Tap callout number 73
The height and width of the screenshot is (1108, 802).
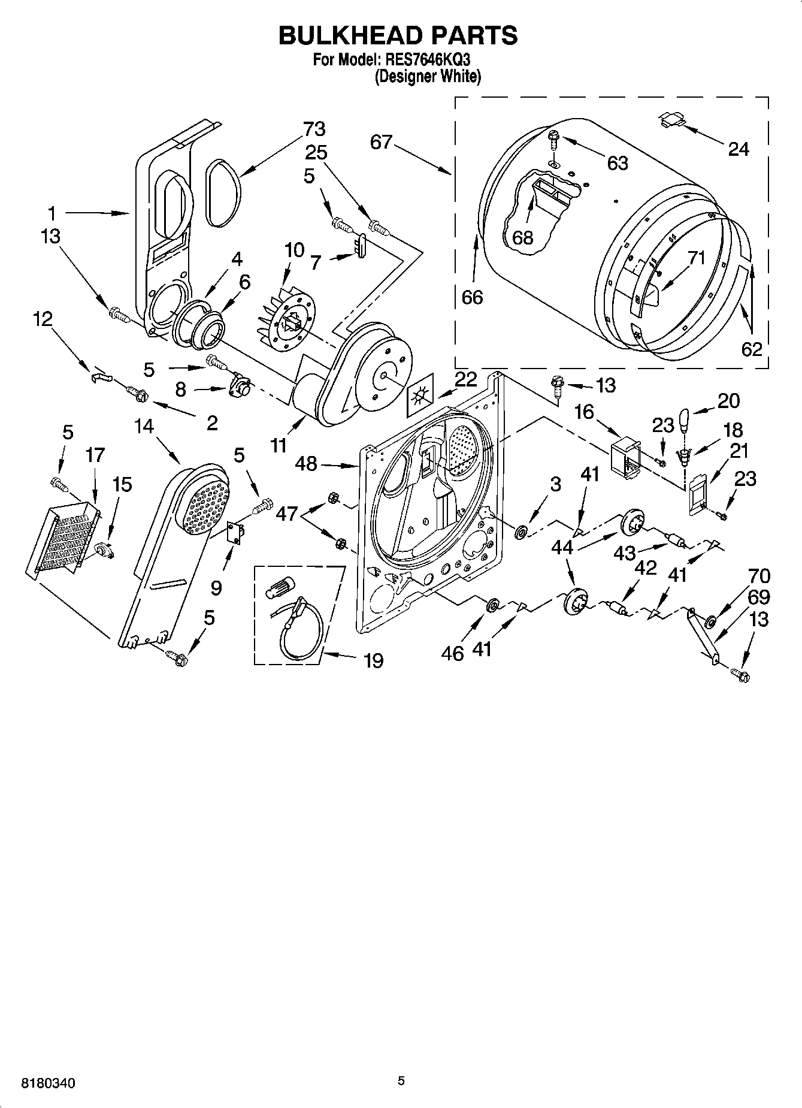click(x=314, y=129)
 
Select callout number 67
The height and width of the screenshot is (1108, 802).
click(x=380, y=142)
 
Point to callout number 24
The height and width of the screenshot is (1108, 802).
click(x=738, y=149)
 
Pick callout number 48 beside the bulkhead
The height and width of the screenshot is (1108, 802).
click(x=306, y=463)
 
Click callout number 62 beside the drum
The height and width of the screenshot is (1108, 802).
click(x=751, y=348)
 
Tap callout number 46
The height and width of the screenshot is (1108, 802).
click(x=452, y=653)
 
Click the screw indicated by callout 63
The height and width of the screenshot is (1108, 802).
click(x=552, y=141)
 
